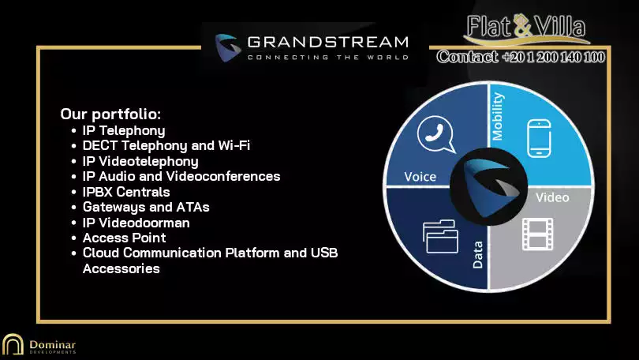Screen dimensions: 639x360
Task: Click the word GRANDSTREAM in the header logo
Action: (327, 42)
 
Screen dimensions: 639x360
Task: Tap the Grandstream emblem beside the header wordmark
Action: (226, 47)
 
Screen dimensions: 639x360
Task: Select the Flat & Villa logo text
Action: (526, 28)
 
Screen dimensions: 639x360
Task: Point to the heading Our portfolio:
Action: (110, 114)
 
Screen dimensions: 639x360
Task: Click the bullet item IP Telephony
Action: (124, 130)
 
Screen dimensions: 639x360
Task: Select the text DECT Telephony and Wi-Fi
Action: (166, 145)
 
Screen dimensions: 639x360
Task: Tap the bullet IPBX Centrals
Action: (126, 192)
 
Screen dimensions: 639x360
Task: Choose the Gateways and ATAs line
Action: (146, 207)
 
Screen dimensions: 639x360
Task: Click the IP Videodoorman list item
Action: (136, 223)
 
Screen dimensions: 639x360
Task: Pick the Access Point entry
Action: (125, 238)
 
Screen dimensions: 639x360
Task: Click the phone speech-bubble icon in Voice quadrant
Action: (436, 134)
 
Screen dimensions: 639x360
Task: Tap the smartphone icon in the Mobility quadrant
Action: (539, 138)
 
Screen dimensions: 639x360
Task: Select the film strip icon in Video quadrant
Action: (538, 234)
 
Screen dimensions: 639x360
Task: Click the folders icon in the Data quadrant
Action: (440, 237)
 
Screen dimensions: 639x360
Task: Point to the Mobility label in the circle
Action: (498, 117)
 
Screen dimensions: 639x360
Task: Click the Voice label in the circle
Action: (420, 177)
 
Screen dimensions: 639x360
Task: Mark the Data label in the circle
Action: (477, 255)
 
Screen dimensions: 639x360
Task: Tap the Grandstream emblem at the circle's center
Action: (489, 187)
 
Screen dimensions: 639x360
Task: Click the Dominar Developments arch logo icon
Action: (13, 344)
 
